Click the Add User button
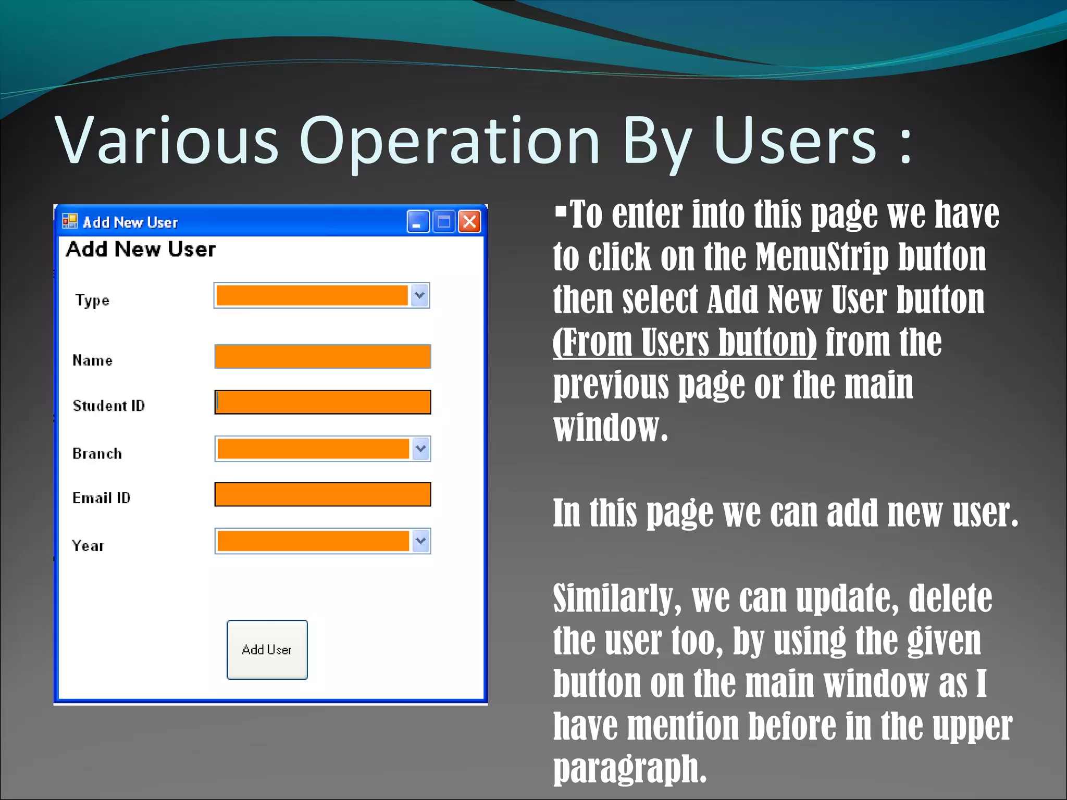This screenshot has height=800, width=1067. [x=267, y=649]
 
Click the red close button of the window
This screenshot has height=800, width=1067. [x=469, y=222]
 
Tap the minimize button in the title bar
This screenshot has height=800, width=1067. [x=418, y=222]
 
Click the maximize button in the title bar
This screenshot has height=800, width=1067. [x=444, y=222]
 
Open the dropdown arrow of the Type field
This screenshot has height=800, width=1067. [x=420, y=296]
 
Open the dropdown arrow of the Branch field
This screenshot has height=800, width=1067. [x=421, y=449]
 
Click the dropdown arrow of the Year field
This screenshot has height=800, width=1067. [x=421, y=541]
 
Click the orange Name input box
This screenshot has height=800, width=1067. [x=322, y=357]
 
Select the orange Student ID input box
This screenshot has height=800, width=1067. [x=322, y=402]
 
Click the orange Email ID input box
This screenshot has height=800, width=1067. [x=322, y=494]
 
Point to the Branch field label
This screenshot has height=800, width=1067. [x=97, y=454]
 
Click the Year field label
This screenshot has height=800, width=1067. [x=88, y=546]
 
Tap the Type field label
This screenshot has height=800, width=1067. [x=92, y=301]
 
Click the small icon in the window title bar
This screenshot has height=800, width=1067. [x=70, y=221]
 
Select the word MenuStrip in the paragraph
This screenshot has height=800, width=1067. [x=822, y=257]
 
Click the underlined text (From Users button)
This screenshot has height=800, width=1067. [x=684, y=342]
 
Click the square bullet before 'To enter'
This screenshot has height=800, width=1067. [x=561, y=211]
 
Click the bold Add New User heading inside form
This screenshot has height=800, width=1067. [x=141, y=249]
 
